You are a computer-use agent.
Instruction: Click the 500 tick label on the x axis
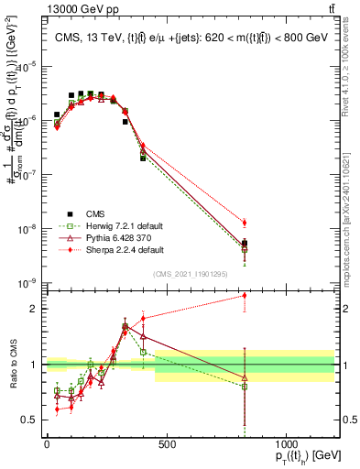166,444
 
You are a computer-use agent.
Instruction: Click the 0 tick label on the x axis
47,444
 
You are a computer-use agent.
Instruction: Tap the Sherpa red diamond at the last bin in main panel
244,223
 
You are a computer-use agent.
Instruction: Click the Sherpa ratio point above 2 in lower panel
244,295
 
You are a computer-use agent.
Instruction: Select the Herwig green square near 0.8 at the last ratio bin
244,387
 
